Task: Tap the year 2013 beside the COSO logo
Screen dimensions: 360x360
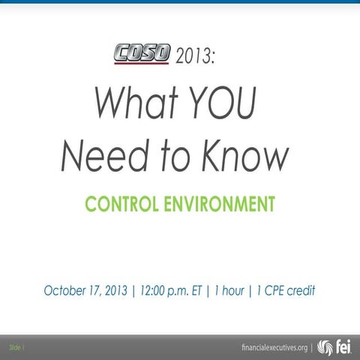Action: pos(193,55)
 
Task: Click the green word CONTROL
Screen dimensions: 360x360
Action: pos(120,203)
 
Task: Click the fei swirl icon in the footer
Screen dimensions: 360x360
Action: pos(325,347)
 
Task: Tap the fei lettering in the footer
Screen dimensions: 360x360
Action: pos(343,347)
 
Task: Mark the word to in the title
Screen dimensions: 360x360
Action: pos(174,155)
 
